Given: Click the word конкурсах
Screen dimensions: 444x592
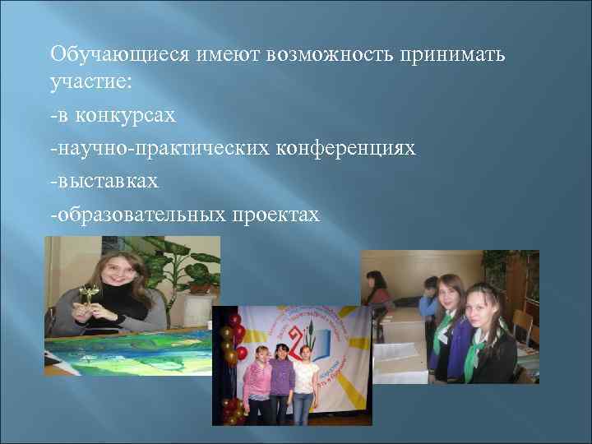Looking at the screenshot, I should click(x=126, y=115).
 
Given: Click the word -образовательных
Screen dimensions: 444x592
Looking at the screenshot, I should click(x=137, y=214).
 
